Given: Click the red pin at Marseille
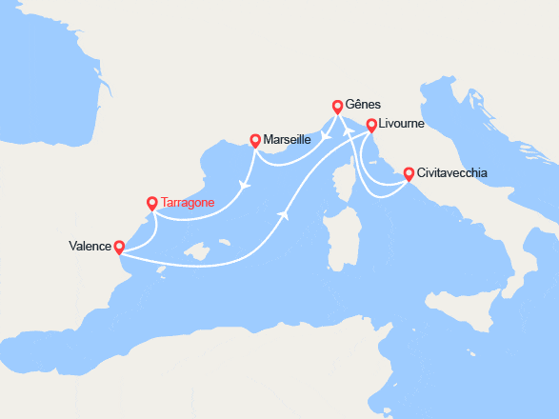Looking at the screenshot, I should click(255, 140).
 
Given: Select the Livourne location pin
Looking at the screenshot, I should click(371, 124).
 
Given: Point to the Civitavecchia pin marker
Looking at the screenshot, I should click(409, 173).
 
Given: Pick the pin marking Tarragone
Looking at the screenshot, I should click(152, 202).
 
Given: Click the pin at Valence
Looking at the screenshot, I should click(119, 247).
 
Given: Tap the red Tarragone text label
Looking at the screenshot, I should click(188, 202).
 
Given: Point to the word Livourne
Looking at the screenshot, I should click(401, 124).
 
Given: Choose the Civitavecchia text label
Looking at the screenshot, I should click(452, 173).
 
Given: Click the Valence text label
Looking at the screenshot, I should click(90, 247).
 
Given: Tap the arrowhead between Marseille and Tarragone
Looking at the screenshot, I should click(245, 184).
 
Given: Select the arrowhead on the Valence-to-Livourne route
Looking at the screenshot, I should click(283, 214).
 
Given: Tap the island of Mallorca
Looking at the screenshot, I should click(197, 251).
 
